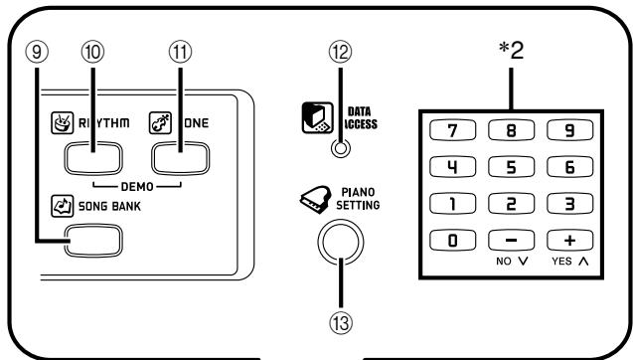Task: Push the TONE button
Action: (180, 156)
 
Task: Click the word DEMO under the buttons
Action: (138, 186)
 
